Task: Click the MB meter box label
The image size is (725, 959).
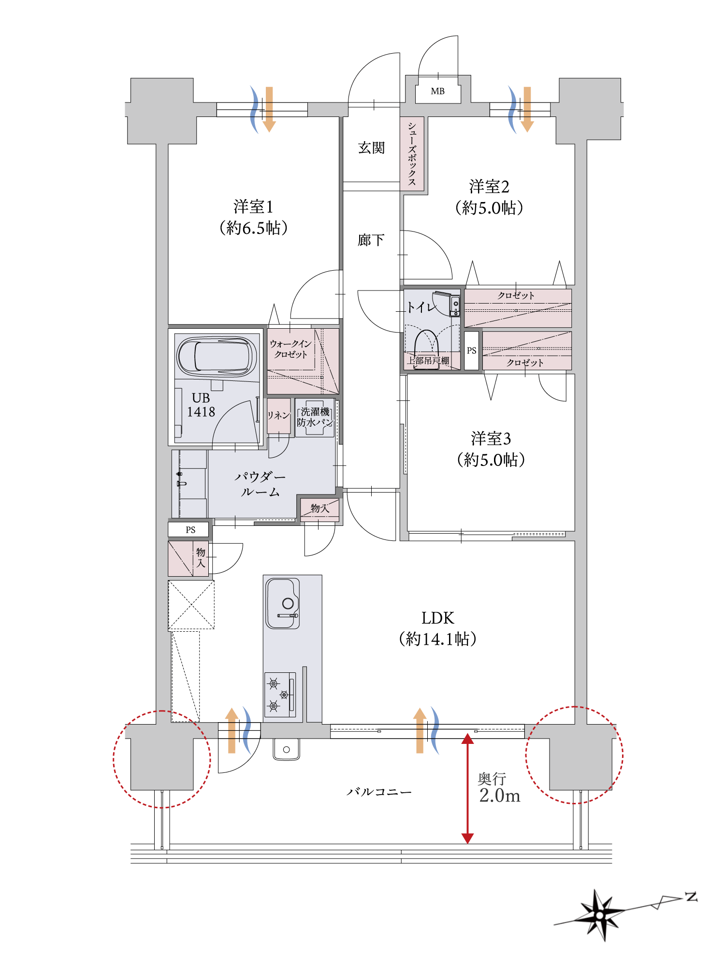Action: pyautogui.click(x=437, y=91)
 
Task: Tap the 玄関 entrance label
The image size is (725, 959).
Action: pyautogui.click(x=371, y=148)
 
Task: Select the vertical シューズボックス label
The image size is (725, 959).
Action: pyautogui.click(x=412, y=154)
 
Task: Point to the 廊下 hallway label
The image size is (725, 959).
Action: pyautogui.click(x=371, y=240)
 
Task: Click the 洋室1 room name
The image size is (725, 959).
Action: pyautogui.click(x=253, y=207)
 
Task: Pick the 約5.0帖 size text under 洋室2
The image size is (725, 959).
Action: pyautogui.click(x=489, y=208)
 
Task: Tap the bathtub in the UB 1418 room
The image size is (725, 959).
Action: pyautogui.click(x=217, y=356)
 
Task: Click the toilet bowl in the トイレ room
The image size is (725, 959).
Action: pyautogui.click(x=426, y=349)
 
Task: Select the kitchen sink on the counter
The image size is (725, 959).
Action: pyautogui.click(x=283, y=603)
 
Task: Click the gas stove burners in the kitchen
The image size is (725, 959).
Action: pyautogui.click(x=280, y=695)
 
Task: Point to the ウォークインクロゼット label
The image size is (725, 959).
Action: pyautogui.click(x=290, y=349)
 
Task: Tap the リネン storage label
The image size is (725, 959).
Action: pyautogui.click(x=278, y=415)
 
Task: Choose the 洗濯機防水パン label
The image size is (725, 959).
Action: pyautogui.click(x=315, y=417)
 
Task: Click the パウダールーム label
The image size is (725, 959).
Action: pyautogui.click(x=260, y=484)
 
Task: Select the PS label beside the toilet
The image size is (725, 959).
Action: pyautogui.click(x=472, y=350)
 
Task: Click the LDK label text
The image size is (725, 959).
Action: pyautogui.click(x=437, y=618)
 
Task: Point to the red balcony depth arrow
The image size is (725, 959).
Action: pyautogui.click(x=467, y=788)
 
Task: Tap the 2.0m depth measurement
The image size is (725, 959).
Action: pyautogui.click(x=500, y=796)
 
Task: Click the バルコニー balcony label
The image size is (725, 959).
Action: pyautogui.click(x=379, y=792)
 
